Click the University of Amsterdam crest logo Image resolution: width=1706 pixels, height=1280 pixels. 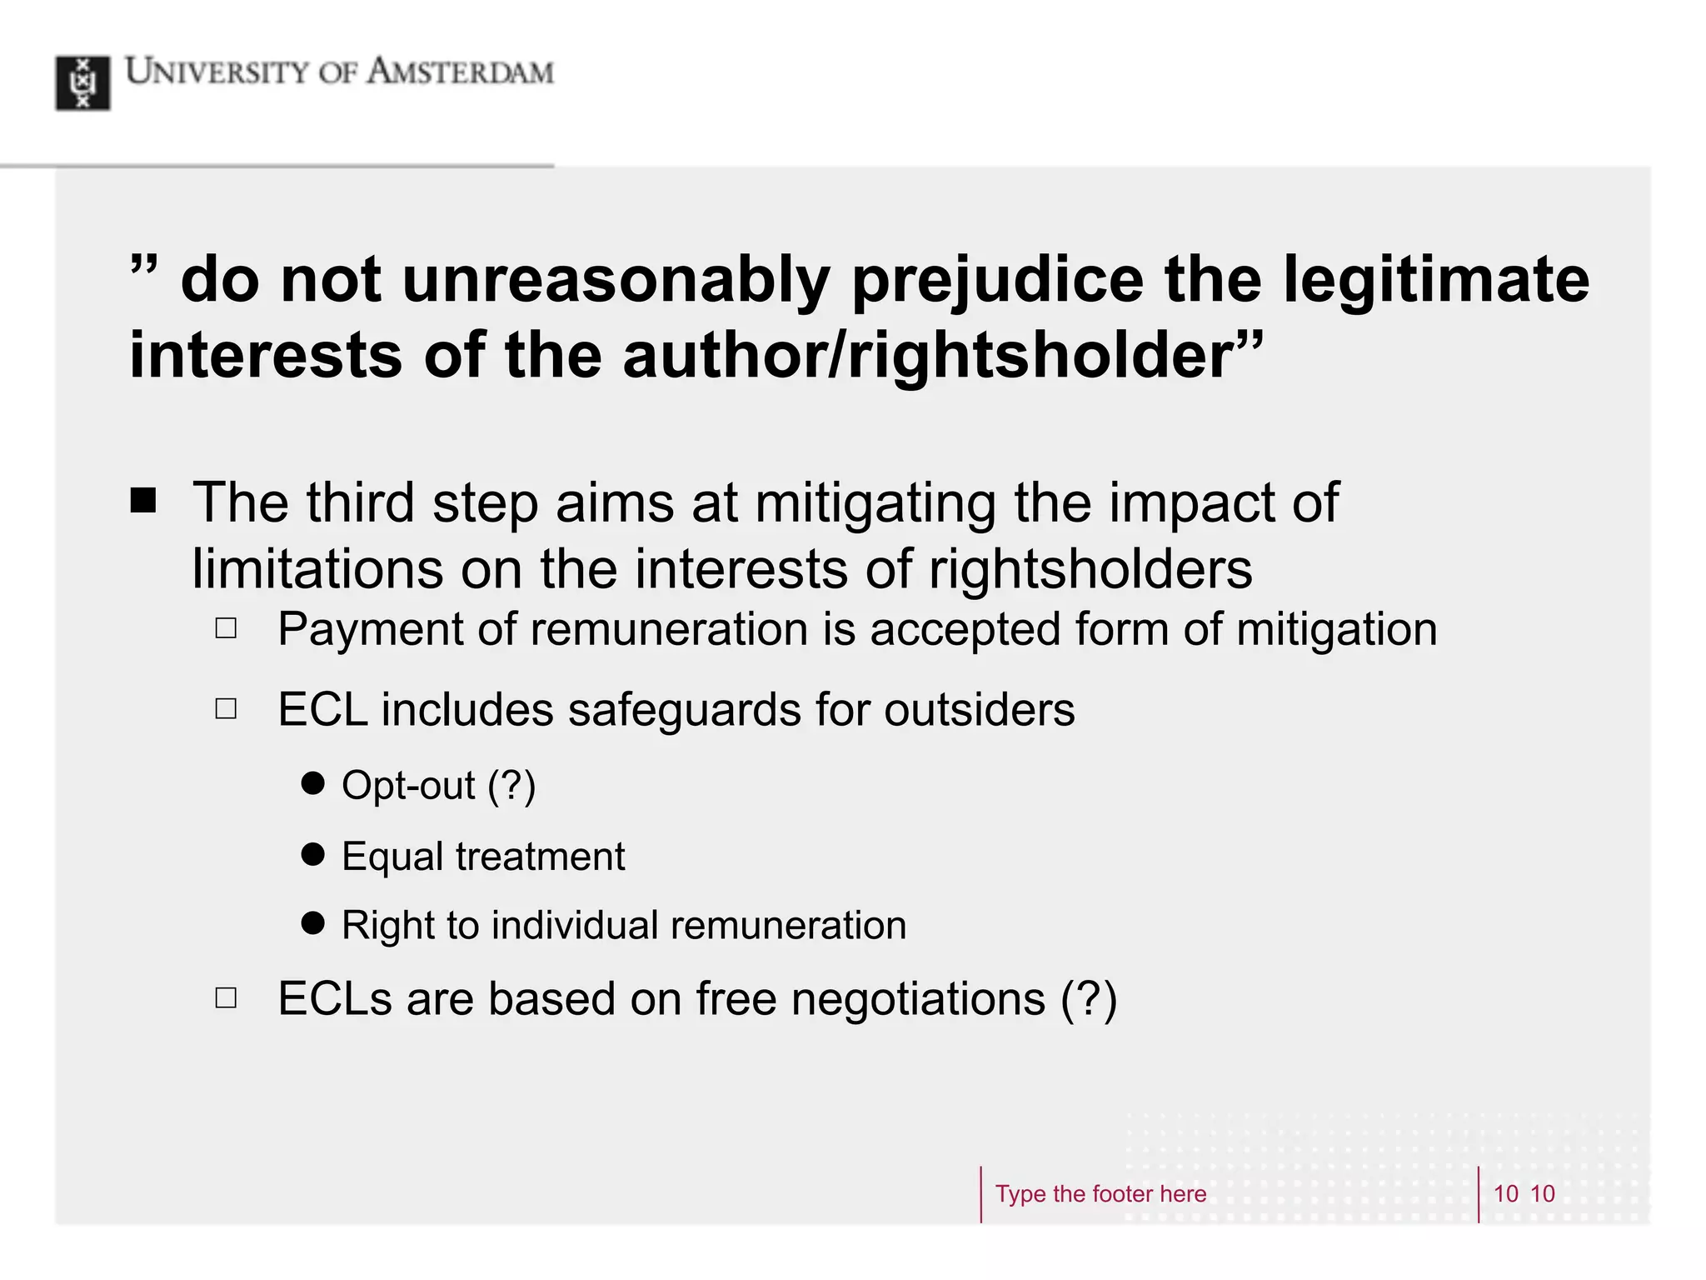pyautogui.click(x=82, y=82)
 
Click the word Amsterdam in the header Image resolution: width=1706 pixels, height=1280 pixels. pyautogui.click(x=460, y=72)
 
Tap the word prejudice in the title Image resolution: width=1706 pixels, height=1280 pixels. pyautogui.click(x=997, y=280)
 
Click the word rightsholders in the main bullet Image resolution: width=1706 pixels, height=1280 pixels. pyautogui.click(x=1090, y=569)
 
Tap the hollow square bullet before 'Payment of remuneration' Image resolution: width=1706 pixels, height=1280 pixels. pyautogui.click(x=226, y=628)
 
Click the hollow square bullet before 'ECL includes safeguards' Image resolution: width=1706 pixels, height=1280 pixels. pyautogui.click(x=226, y=709)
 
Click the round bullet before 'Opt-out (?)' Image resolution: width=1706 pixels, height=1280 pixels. pyautogui.click(x=313, y=783)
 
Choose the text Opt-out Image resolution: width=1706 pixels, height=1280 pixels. pyautogui.click(x=408, y=785)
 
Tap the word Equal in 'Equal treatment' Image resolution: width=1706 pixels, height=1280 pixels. pyautogui.click(x=392, y=857)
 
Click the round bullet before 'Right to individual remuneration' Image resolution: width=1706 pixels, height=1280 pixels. pyautogui.click(x=313, y=922)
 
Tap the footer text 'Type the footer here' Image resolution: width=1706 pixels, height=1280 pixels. pyautogui.click(x=1100, y=1194)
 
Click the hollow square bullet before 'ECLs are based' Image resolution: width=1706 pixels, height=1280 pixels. pyautogui.click(x=226, y=997)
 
